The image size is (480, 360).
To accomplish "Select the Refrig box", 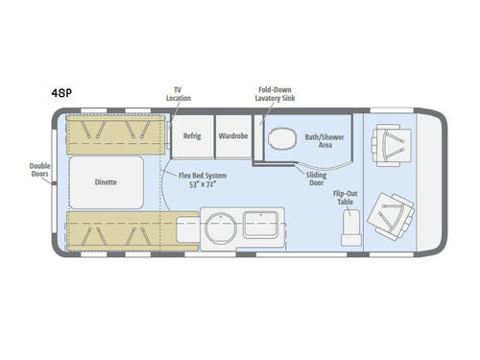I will [x=191, y=136].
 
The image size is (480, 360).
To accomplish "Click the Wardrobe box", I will [x=232, y=136].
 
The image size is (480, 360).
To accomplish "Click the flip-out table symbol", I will [x=348, y=226].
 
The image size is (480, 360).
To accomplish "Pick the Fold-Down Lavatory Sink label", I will [x=277, y=90].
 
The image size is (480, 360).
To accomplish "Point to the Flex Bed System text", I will [x=203, y=176].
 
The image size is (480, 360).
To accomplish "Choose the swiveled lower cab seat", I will [x=394, y=212].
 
